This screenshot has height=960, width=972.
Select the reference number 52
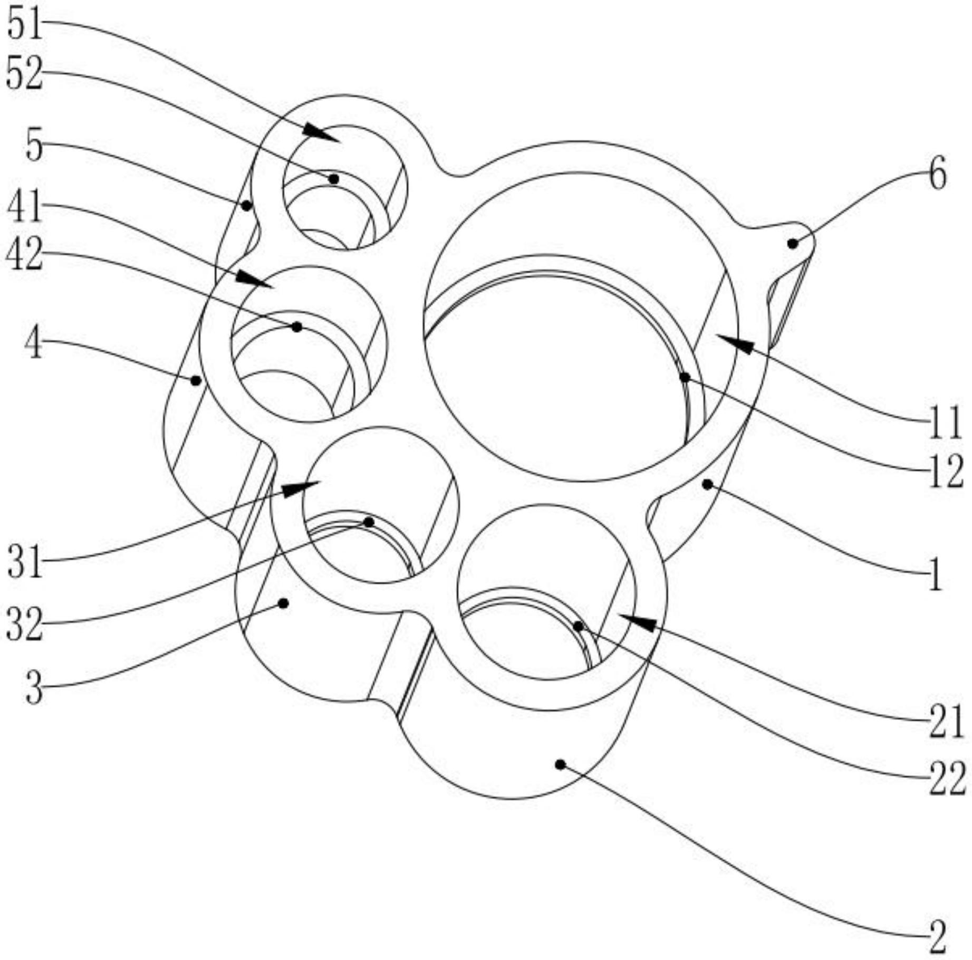click(x=24, y=74)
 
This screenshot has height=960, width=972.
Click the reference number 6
click(x=937, y=175)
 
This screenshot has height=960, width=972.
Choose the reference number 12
click(x=946, y=471)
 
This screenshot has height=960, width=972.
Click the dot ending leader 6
click(x=792, y=243)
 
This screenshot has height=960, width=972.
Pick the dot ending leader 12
click(x=685, y=378)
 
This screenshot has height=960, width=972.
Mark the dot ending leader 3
click(x=283, y=603)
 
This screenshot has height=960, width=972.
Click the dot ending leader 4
click(x=196, y=380)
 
